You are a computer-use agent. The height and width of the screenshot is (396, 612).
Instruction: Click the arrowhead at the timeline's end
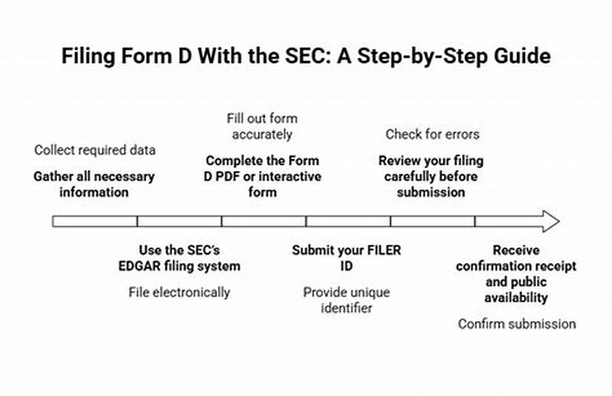pos(549,221)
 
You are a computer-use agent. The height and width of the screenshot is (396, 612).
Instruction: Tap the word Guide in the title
pos(525,57)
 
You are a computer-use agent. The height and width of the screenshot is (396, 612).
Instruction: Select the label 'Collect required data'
pos(94,150)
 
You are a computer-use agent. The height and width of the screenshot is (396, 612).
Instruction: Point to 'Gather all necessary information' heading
pos(94,183)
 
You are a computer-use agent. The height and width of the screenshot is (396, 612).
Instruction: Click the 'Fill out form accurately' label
pos(262,126)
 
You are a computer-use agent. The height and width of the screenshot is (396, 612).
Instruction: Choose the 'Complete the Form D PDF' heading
pos(262,177)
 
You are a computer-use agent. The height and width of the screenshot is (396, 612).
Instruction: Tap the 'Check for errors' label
pos(432,135)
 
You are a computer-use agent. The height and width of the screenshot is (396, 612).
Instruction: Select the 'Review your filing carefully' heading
pos(431,177)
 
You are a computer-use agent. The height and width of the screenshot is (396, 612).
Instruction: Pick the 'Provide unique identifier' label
pos(347,300)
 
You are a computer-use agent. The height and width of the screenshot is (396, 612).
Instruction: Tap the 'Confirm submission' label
pos(516,323)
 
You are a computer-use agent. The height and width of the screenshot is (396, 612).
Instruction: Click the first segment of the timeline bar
pos(94,221)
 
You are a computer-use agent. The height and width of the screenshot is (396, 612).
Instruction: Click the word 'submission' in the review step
pos(431,192)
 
